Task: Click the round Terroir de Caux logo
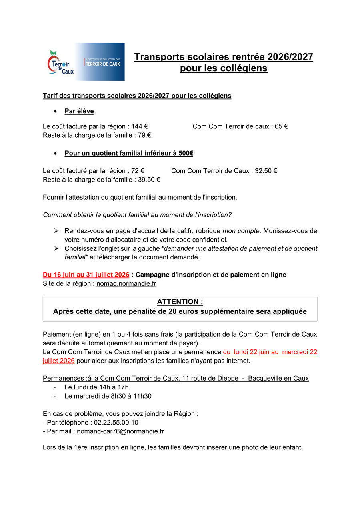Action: point(59,62)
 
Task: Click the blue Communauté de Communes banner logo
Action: point(100,62)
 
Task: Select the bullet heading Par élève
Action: point(79,111)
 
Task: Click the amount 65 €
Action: point(281,126)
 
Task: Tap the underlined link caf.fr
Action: point(184,231)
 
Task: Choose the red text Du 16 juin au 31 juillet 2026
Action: point(86,275)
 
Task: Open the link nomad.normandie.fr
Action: point(126,284)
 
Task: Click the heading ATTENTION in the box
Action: point(180,302)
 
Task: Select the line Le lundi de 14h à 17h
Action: point(96,387)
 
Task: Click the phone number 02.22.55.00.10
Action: point(116,422)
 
